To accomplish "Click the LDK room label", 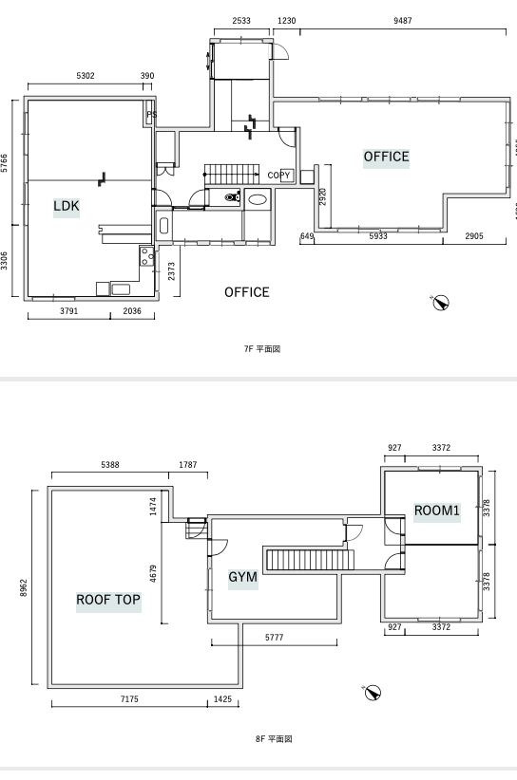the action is (x=67, y=206).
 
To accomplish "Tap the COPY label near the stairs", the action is (x=278, y=176).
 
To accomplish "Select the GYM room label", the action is (x=243, y=577).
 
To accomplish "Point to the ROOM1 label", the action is (x=437, y=511).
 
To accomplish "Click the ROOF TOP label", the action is (x=108, y=600).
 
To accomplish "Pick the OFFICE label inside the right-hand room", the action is (x=386, y=157).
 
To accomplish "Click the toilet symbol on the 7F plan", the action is (x=232, y=196).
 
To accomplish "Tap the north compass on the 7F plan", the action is (x=440, y=303).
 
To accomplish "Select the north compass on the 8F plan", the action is (x=372, y=693).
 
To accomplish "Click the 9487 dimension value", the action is (x=402, y=20).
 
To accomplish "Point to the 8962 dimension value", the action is (x=24, y=587).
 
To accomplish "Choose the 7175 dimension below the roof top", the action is (x=129, y=699).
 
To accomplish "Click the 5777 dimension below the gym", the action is (x=274, y=638).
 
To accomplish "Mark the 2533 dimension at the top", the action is (x=241, y=20).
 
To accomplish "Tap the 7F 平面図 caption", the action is (x=262, y=348).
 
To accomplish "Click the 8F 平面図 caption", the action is (x=274, y=738).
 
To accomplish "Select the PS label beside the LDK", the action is (x=151, y=115).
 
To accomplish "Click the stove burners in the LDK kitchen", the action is (x=146, y=256).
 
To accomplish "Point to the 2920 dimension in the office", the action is (x=323, y=196).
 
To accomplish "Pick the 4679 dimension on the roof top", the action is (x=153, y=573).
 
